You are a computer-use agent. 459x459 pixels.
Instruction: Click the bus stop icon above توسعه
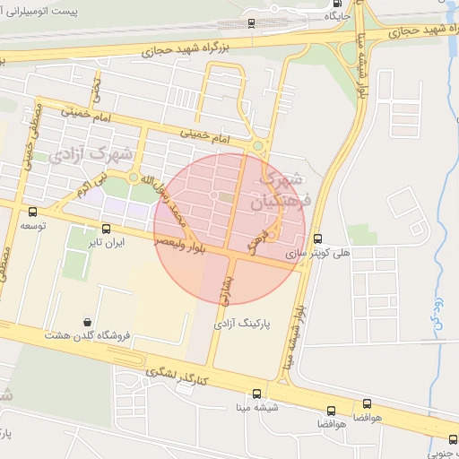click(x=33, y=212)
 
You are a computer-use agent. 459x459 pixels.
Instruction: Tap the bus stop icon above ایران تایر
click(x=107, y=229)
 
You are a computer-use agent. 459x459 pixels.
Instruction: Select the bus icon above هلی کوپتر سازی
click(x=318, y=238)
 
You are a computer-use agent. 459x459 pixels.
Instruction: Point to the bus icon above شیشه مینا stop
click(x=257, y=394)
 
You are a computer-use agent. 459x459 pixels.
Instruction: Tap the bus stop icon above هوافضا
click(x=367, y=405)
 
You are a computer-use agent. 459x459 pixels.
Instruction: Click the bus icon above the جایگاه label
click(x=337, y=3)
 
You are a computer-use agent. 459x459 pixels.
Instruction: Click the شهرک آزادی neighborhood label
click(x=92, y=153)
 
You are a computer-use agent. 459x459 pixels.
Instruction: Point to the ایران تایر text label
click(x=101, y=242)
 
